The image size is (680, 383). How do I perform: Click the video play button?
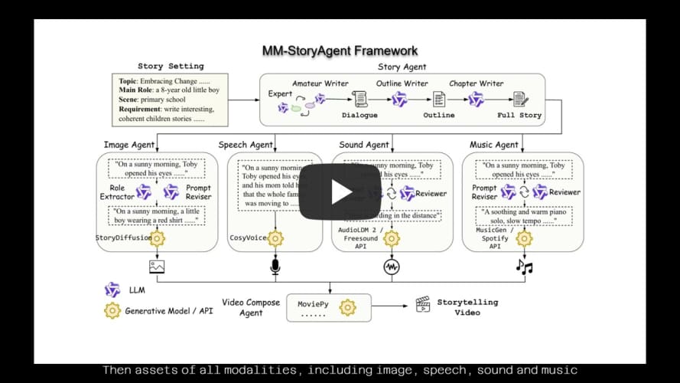point(340,191)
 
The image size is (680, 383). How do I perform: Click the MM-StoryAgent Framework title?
point(340,51)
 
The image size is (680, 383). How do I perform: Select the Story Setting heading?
point(171,67)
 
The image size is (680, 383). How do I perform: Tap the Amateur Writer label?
point(320,83)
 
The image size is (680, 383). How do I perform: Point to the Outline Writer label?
point(402,83)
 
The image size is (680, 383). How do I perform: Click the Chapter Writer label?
point(477,83)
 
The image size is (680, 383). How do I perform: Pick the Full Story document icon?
point(520,100)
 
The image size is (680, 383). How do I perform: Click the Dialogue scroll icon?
point(360,100)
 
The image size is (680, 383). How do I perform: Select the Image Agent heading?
point(129,145)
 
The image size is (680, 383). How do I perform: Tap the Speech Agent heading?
point(246,145)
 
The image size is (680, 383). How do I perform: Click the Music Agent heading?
point(494,145)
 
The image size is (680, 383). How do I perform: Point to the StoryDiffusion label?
point(123,238)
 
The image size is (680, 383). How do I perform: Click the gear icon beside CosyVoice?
point(275,238)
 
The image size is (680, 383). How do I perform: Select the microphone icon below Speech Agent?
point(275,267)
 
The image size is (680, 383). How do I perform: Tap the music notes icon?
point(524,267)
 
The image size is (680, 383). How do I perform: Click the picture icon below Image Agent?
point(157,267)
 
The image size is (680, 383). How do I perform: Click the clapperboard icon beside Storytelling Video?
point(422,304)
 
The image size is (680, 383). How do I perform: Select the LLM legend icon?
point(112,290)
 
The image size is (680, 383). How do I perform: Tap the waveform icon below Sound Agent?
point(392,267)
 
